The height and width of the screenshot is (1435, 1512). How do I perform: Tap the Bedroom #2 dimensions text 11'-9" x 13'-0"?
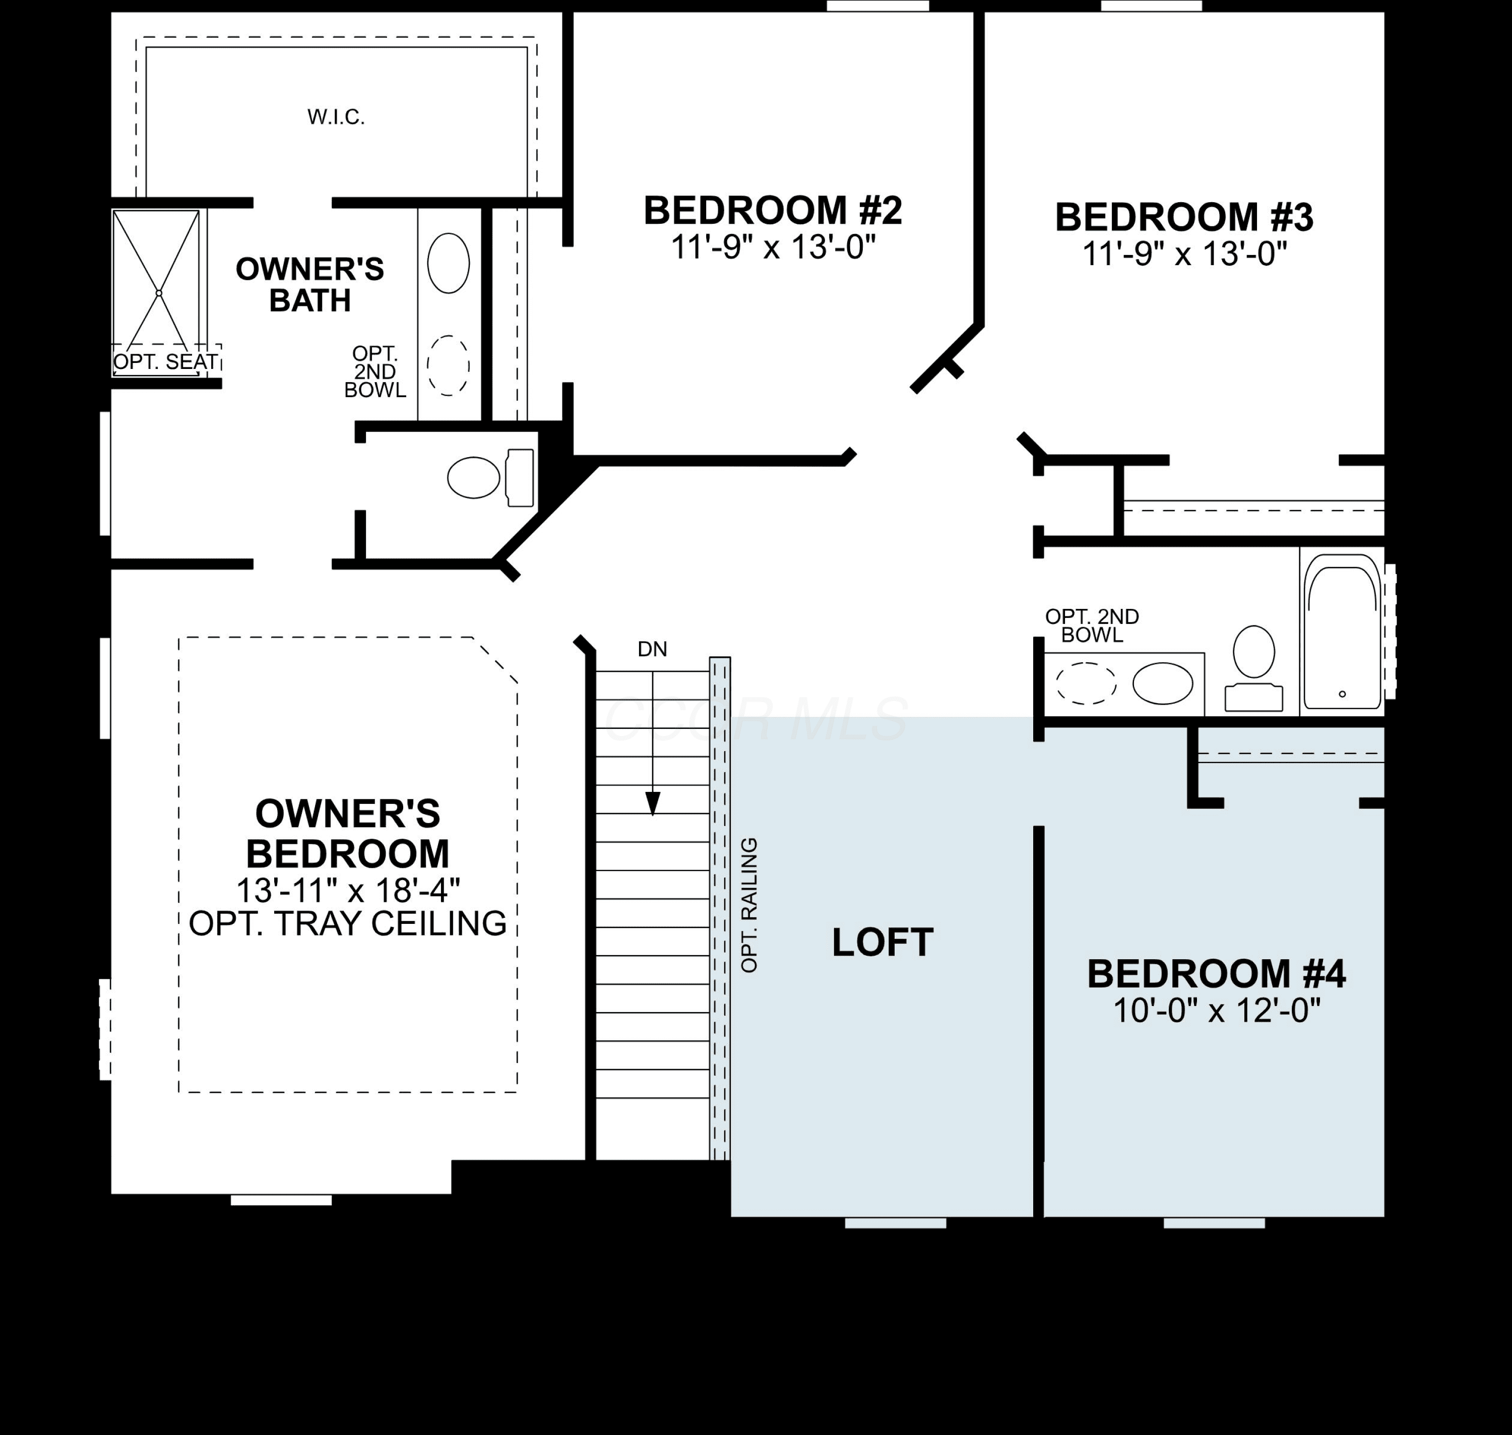pos(773,247)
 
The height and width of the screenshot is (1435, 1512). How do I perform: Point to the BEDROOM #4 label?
pos(1216,974)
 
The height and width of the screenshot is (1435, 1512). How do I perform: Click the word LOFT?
pos(883,943)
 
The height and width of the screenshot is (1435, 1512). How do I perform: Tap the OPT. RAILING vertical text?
pos(749,905)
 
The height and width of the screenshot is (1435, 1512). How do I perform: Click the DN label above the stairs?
pos(652,649)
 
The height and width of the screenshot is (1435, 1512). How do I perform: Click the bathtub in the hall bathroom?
pos(1342,632)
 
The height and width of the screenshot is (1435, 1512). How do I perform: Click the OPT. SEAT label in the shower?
pos(166,362)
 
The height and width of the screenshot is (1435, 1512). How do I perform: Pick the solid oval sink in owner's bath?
pos(448,263)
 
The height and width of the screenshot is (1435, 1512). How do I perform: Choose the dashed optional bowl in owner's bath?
pos(448,365)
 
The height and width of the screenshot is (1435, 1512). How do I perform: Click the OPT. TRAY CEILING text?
pos(348,924)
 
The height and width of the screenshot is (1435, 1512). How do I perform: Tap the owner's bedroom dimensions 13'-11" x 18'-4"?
pos(348,890)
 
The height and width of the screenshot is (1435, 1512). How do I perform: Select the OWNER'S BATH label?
pos(310,285)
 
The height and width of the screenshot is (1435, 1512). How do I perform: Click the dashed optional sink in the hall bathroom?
pos(1086,683)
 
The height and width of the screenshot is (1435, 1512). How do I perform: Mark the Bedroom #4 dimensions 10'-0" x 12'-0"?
pos(1217,1011)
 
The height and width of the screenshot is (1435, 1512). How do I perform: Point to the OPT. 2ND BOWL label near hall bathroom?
pos(1092,626)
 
